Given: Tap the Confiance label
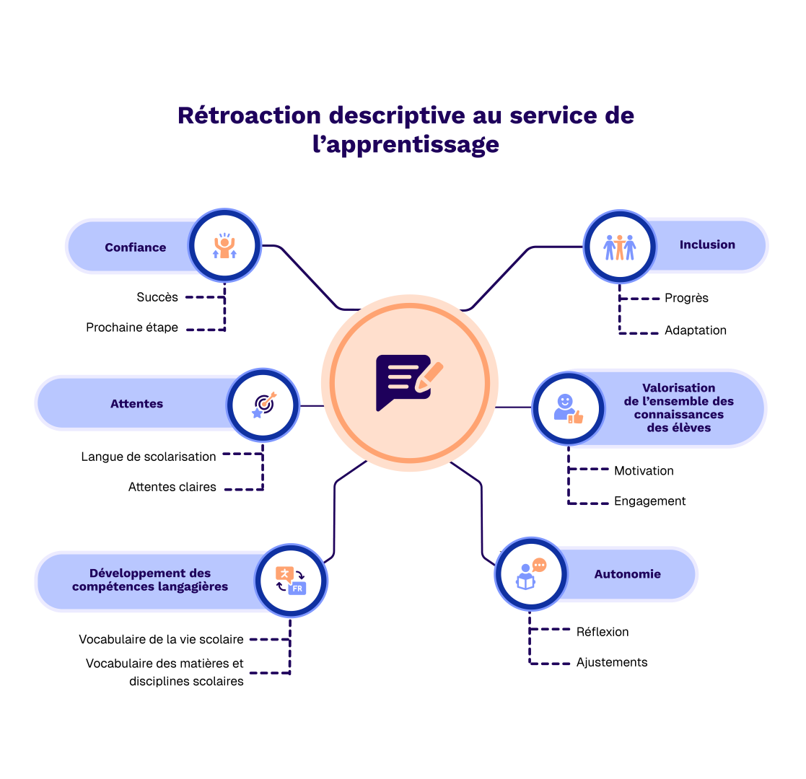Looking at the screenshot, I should (x=136, y=247).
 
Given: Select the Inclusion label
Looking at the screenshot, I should (x=707, y=245).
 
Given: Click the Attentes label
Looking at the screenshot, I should (x=136, y=404).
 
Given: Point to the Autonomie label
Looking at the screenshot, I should (x=628, y=574).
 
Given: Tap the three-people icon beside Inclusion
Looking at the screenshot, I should (x=619, y=247).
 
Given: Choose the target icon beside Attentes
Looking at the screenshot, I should (x=263, y=405).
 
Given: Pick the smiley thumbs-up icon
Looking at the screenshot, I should (x=568, y=408).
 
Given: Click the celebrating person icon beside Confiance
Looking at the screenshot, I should (x=225, y=246).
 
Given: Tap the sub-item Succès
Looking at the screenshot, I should (x=157, y=297).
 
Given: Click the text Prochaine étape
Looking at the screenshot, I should (x=132, y=327).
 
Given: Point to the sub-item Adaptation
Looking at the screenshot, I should (x=696, y=330).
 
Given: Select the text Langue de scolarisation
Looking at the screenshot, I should (x=149, y=457).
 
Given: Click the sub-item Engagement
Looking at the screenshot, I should (x=650, y=501).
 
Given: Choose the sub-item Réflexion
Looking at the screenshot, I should (x=603, y=632).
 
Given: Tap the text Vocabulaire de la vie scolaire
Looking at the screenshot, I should (x=162, y=639).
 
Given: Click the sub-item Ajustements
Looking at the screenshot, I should (x=612, y=662).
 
